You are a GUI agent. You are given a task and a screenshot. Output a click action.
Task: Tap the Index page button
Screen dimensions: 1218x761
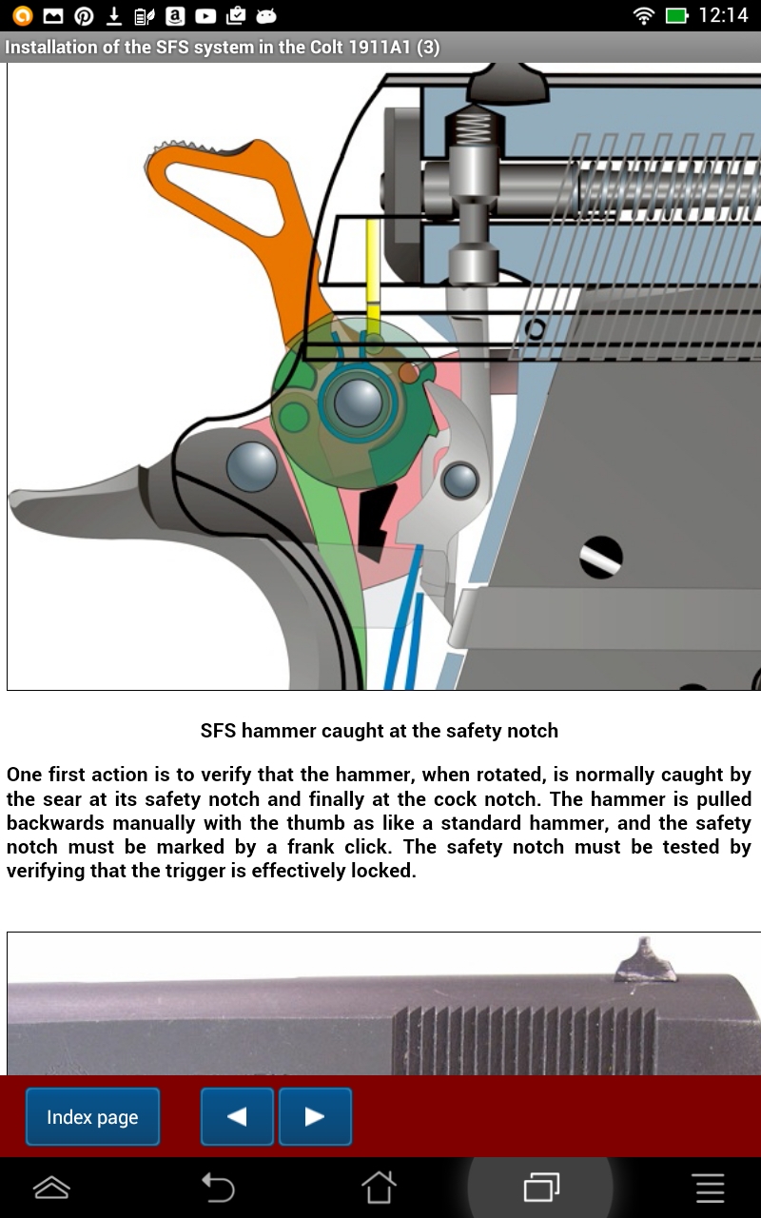tap(92, 1117)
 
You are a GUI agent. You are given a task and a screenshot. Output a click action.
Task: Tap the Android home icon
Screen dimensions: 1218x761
tap(379, 1188)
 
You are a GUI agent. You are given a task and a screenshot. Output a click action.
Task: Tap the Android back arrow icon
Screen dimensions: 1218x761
tap(217, 1188)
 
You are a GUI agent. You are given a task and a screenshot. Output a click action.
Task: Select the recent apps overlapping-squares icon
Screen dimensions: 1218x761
tap(541, 1188)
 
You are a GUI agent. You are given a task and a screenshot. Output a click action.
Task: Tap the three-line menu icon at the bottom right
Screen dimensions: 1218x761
tap(710, 1188)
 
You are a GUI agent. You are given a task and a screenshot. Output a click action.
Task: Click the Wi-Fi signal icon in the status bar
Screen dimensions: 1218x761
tap(644, 15)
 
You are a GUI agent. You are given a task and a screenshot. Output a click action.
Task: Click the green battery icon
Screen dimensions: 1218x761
tap(676, 15)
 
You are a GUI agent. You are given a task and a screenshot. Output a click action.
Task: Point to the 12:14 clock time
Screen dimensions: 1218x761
tap(723, 15)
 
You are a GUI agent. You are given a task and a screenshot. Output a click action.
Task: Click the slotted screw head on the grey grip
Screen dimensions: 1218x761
tap(601, 557)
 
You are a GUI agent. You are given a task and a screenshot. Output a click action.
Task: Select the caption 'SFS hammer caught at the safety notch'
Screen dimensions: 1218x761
tap(379, 731)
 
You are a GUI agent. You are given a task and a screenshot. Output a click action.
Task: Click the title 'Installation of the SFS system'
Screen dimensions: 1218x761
tap(223, 47)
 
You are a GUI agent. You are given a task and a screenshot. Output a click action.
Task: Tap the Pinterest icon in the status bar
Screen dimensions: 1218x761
tap(84, 15)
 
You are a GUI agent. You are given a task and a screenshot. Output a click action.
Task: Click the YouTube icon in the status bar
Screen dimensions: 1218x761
tap(205, 15)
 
